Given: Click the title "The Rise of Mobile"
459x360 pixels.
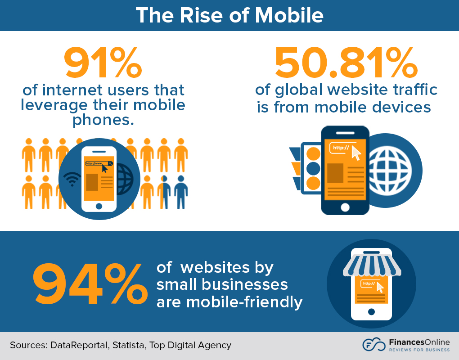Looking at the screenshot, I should click(229, 15).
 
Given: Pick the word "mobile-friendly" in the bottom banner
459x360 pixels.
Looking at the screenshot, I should click(229, 302).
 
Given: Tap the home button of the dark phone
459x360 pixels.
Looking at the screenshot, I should click(345, 207).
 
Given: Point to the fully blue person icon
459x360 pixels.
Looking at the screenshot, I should click(180, 191).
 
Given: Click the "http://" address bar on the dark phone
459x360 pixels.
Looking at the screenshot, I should click(341, 148).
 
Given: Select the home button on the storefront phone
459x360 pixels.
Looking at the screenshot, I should click(371, 311).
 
